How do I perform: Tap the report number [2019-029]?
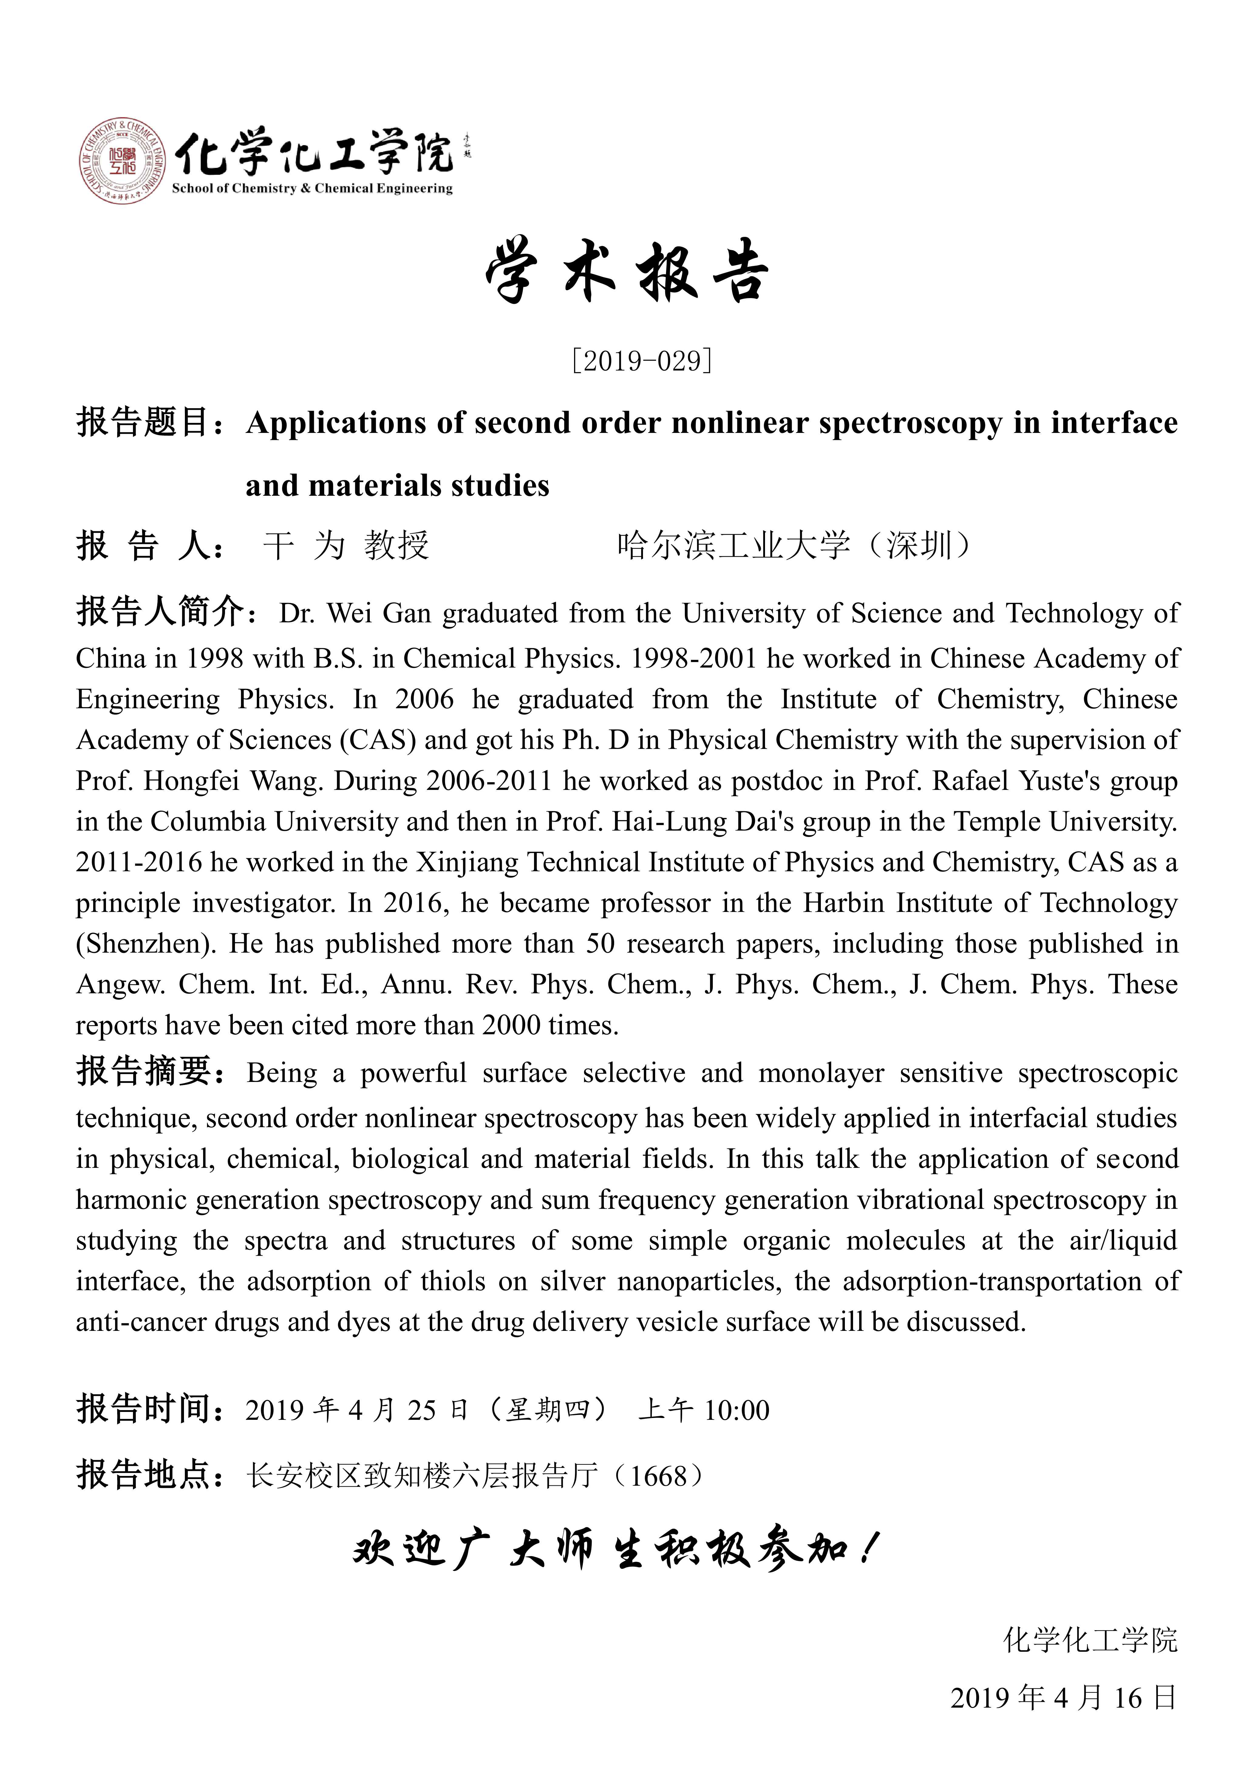[641, 360]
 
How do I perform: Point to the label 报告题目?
[143, 423]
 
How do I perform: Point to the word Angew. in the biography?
[120, 985]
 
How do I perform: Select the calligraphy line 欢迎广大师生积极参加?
[615, 1550]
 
